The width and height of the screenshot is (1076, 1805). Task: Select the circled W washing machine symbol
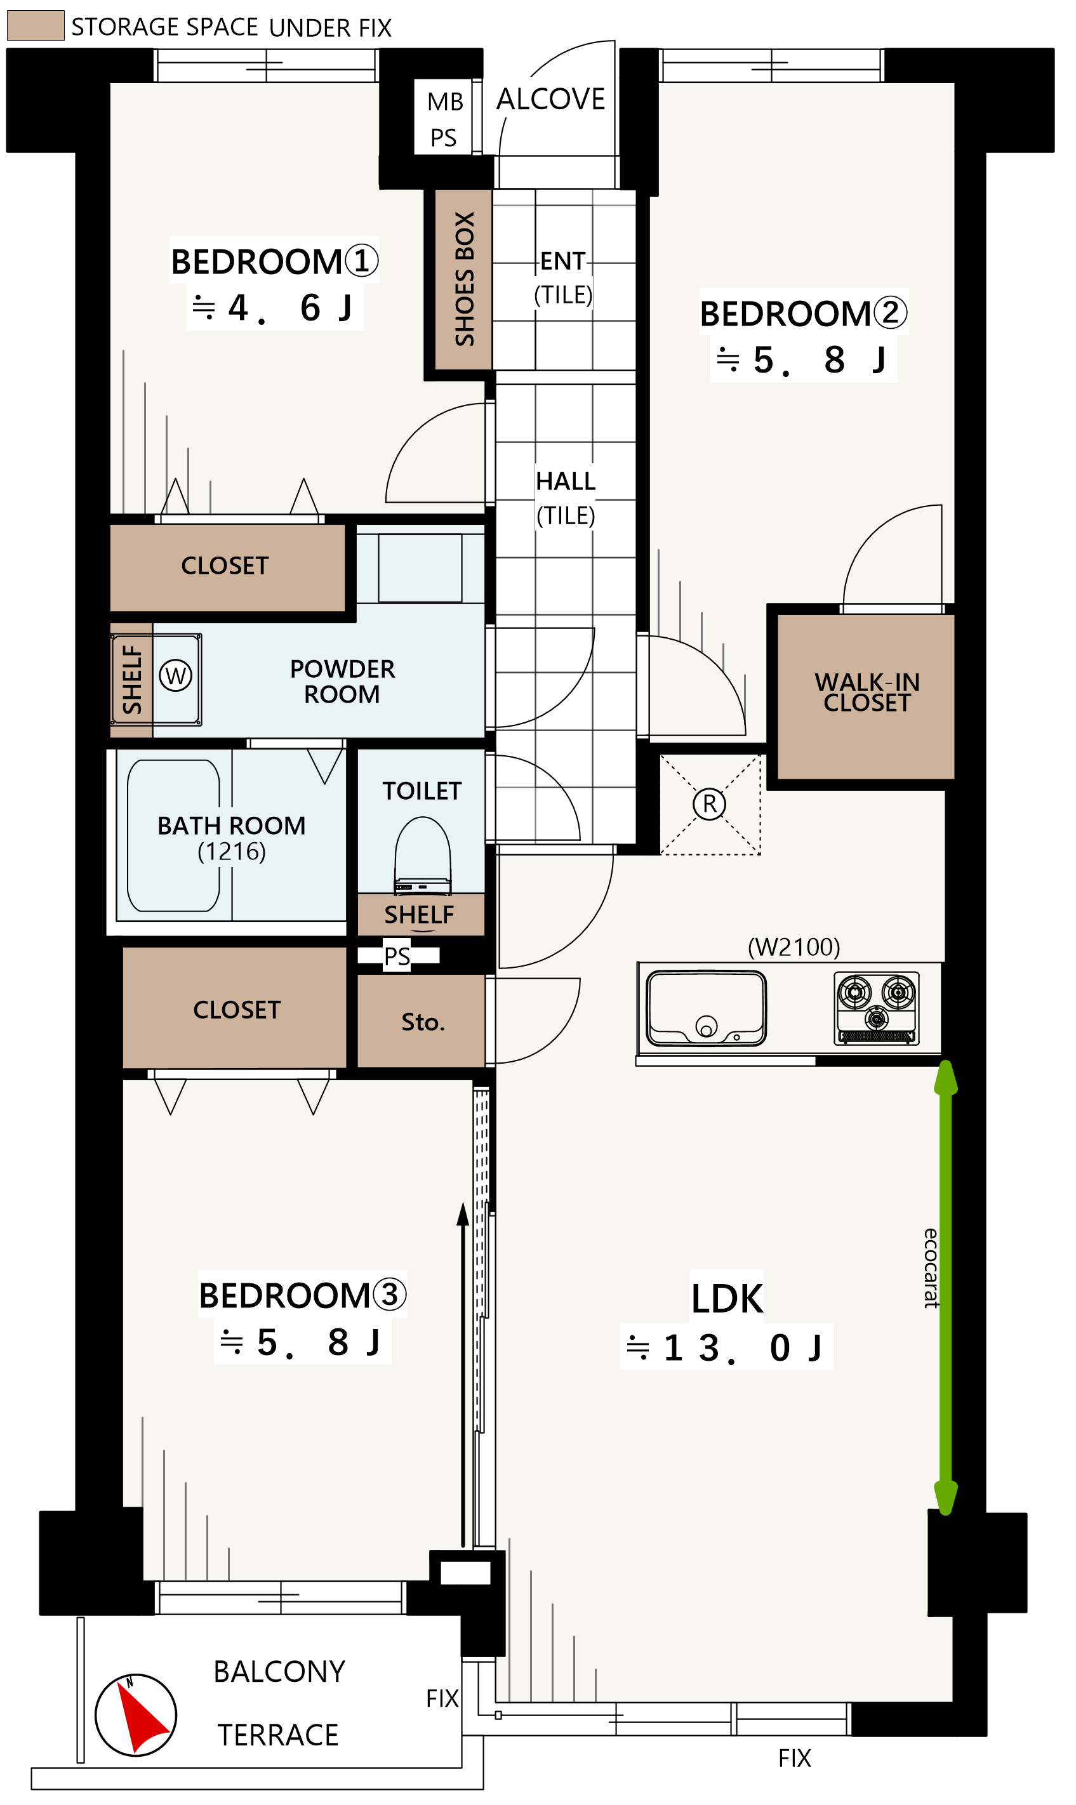[x=175, y=676]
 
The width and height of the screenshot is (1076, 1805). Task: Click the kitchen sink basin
[x=706, y=1008]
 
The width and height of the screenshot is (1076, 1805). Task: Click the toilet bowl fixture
[x=423, y=855]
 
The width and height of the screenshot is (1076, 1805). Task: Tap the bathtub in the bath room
[x=173, y=835]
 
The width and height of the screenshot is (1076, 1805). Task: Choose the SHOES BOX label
[x=464, y=279]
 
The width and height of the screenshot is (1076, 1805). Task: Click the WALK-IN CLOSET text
[x=867, y=692]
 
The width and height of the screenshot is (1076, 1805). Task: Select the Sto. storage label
[x=423, y=1022]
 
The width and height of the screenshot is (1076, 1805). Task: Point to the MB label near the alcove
[x=445, y=102]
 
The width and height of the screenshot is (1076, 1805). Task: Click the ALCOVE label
[x=550, y=99]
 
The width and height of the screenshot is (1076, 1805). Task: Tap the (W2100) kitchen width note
[x=794, y=947]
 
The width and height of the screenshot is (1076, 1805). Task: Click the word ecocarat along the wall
[x=931, y=1268]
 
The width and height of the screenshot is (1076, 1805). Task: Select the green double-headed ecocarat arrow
[x=945, y=1288]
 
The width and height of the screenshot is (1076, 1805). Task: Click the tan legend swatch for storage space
[x=36, y=25]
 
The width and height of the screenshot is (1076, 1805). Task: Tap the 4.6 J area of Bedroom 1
[x=274, y=308]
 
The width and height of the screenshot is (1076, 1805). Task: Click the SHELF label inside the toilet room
[x=419, y=915]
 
